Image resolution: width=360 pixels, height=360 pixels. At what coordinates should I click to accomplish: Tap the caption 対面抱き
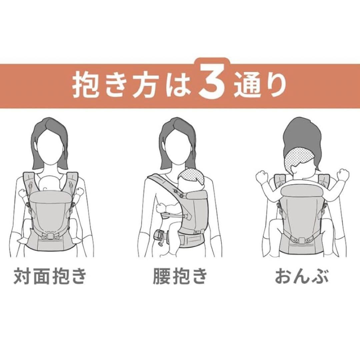click(50, 276)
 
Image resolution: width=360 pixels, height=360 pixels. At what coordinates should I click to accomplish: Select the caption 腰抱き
click(180, 276)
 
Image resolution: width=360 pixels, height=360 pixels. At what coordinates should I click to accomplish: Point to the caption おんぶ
click(302, 276)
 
